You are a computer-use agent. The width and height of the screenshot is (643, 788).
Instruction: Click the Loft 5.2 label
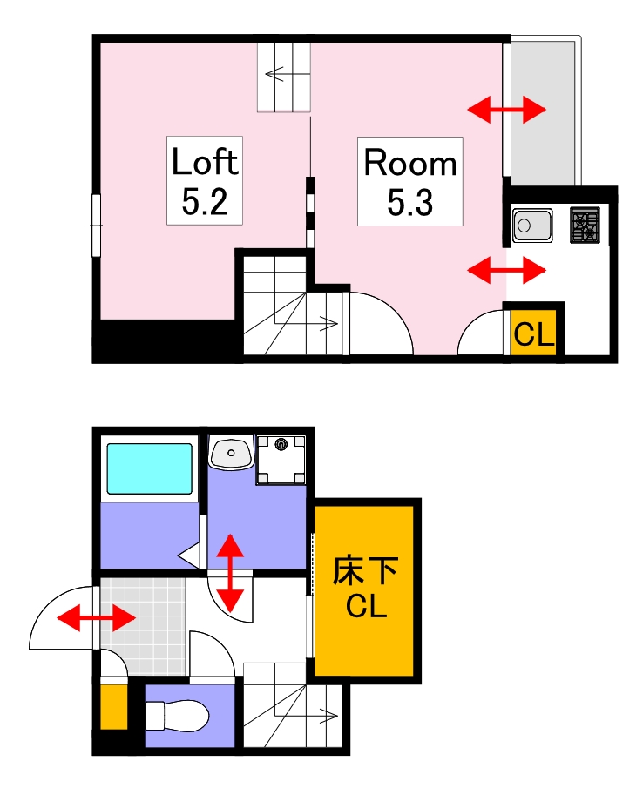[204, 181]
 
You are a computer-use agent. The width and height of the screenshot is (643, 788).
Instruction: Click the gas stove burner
[585, 226]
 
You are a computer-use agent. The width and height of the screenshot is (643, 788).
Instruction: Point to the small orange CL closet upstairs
[532, 333]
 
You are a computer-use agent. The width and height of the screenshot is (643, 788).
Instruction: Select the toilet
[177, 717]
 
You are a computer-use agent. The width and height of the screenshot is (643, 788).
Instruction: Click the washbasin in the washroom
[230, 452]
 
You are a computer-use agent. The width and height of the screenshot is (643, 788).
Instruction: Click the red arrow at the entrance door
[96, 619]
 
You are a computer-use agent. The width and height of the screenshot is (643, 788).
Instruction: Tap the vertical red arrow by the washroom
[230, 573]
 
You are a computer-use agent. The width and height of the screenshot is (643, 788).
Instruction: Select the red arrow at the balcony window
[506, 110]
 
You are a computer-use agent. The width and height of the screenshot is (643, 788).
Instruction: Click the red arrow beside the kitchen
[506, 270]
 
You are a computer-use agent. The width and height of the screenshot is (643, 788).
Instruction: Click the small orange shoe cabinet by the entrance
[113, 707]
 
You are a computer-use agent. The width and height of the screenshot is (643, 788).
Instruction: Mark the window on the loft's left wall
[96, 225]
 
